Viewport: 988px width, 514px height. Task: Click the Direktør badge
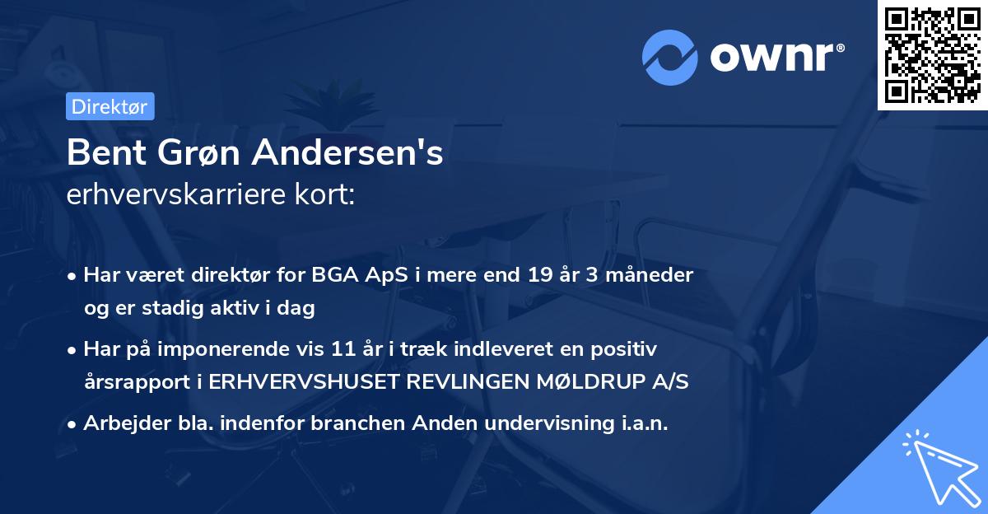(110, 106)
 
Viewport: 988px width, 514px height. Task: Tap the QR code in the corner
(932, 54)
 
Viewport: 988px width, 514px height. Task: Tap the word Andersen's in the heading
(347, 152)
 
